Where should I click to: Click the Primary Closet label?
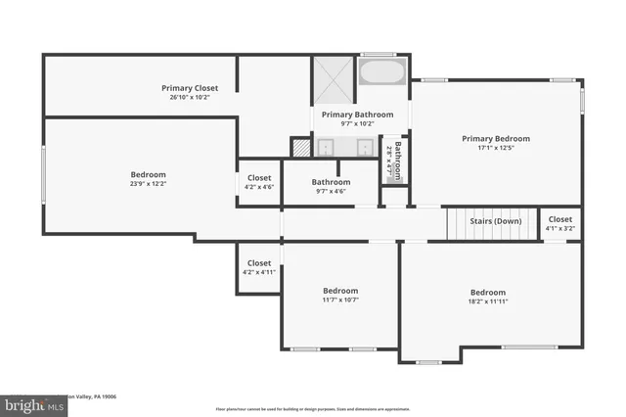point(190,88)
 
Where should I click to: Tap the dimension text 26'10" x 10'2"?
point(190,97)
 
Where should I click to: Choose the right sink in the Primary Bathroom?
point(364,147)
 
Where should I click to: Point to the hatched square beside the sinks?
point(300,147)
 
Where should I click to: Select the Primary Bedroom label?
point(496,139)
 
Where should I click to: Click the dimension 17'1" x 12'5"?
point(496,148)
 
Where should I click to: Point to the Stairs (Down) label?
point(495,221)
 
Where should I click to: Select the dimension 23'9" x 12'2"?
point(149,183)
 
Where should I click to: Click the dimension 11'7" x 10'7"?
point(340,300)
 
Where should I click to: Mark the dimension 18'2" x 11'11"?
point(488,301)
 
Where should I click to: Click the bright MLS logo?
point(29,404)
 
